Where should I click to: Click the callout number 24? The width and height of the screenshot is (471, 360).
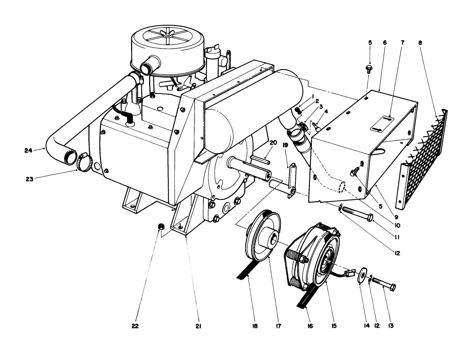pyautogui.click(x=28, y=150)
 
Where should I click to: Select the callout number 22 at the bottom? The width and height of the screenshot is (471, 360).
pyautogui.click(x=135, y=326)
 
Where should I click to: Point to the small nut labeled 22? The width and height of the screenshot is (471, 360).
pyautogui.click(x=161, y=227)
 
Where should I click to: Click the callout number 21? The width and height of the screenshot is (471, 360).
pyautogui.click(x=198, y=326)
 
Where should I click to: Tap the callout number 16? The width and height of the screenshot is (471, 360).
pyautogui.click(x=310, y=326)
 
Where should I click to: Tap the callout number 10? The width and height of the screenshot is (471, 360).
pyautogui.click(x=397, y=225)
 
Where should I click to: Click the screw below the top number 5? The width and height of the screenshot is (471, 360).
pyautogui.click(x=369, y=68)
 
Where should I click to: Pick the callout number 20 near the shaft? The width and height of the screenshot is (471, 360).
pyautogui.click(x=273, y=143)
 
